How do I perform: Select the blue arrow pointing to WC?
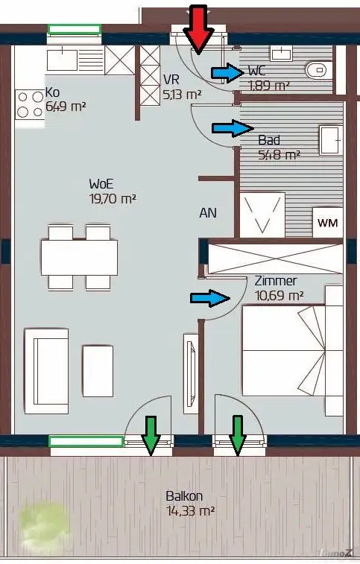point(228,73)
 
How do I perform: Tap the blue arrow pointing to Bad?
point(233,128)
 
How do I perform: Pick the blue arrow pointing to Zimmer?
point(210,298)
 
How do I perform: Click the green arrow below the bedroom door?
point(238,435)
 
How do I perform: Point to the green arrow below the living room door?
point(151,435)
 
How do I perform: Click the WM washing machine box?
point(328,223)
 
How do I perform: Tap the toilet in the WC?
point(315,70)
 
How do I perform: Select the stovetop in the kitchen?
point(30,104)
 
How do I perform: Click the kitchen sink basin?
point(62,60)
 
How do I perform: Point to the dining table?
point(79,258)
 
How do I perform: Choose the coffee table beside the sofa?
point(98,371)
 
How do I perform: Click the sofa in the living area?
point(46,371)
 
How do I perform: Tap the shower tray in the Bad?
point(262,215)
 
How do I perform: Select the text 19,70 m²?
point(113,198)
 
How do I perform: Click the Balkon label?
point(184,496)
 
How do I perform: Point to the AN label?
point(208,213)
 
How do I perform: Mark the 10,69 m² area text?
point(280,296)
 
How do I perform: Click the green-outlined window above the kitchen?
point(75,29)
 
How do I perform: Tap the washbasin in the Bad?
point(330,140)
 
